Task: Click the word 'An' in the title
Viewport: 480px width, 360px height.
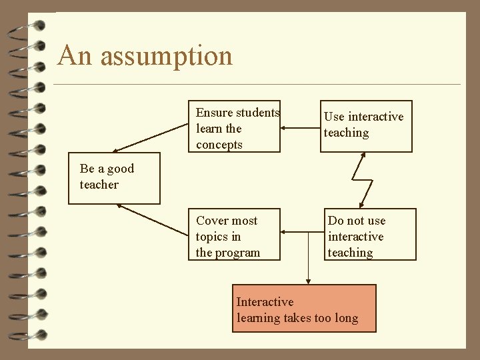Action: (75, 56)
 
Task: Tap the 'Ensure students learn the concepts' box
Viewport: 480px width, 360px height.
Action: (237, 128)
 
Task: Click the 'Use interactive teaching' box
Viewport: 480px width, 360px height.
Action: (366, 126)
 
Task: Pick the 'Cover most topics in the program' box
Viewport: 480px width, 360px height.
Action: (234, 236)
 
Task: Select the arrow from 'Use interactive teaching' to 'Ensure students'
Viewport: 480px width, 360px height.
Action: (300, 127)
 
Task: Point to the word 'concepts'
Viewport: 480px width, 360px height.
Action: (219, 145)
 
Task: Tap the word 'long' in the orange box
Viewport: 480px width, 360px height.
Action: (347, 318)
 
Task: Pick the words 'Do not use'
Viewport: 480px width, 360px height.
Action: (357, 221)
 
